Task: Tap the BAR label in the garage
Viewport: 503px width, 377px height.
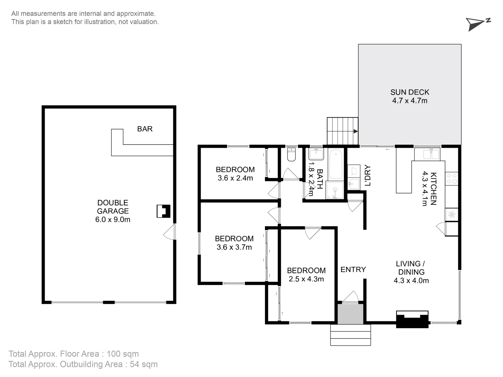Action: pos(145,129)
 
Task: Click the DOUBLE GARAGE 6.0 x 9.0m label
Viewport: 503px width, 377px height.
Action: pos(113,211)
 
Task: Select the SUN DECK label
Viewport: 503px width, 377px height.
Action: pos(410,92)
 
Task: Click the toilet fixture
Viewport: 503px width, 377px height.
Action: pos(291,155)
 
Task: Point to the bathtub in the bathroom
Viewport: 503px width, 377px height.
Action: pos(336,164)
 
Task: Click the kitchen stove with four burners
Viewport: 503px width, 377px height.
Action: pos(451,179)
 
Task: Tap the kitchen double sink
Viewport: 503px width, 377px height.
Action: pos(431,154)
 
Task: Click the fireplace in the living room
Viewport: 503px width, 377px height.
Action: pos(412,319)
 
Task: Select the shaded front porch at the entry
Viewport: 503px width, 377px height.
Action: pos(350,314)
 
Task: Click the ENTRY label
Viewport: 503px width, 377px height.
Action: pos(353,270)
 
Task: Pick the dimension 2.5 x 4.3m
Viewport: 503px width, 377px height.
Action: pos(306,279)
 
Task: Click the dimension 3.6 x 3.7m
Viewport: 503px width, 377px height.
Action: pos(234,247)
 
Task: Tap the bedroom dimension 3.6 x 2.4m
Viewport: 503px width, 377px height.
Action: pos(235,178)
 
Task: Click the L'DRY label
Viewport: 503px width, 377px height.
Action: pos(367,175)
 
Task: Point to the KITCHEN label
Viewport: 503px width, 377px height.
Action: pos(433,189)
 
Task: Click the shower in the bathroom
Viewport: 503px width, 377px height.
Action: pos(335,190)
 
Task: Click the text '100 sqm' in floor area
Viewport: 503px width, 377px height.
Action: pos(123,354)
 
